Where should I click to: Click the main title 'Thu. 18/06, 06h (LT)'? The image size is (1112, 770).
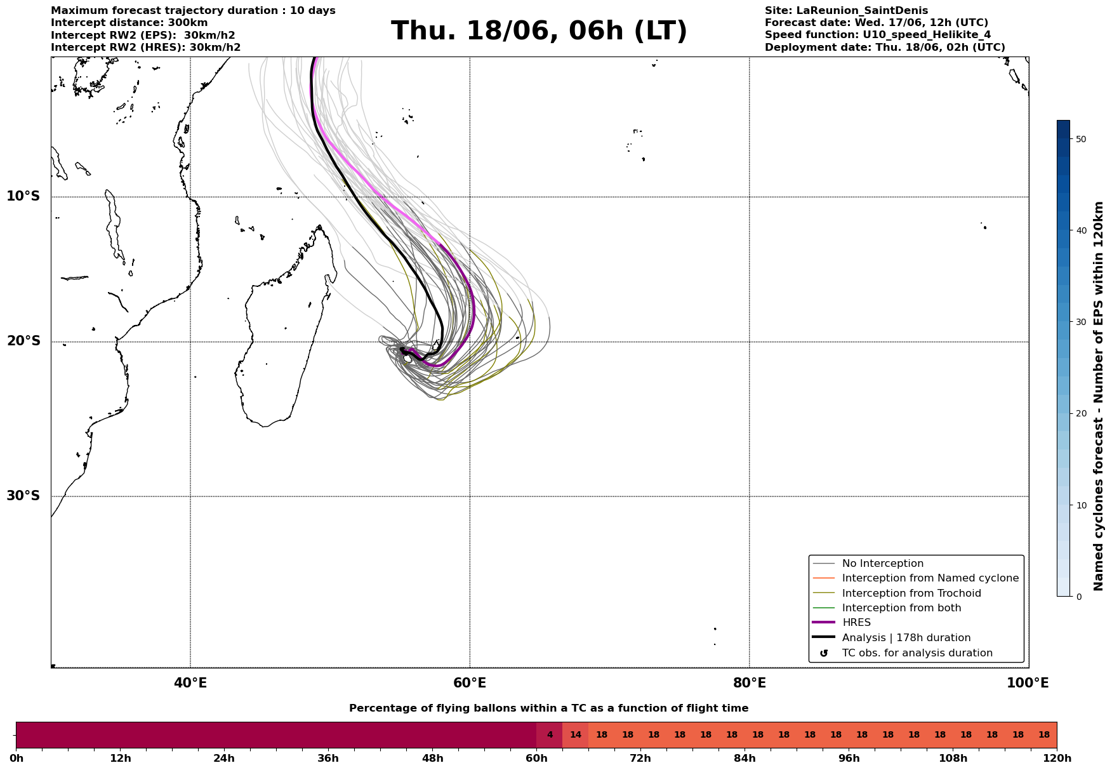pyautogui.click(x=539, y=31)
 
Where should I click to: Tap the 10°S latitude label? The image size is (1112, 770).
pyautogui.click(x=23, y=196)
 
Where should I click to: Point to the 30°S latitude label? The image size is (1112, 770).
pyautogui.click(x=23, y=496)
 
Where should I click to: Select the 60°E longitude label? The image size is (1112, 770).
pyautogui.click(x=470, y=683)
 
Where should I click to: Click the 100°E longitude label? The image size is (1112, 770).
pyautogui.click(x=1028, y=683)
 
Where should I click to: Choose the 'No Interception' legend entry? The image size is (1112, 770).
pyautogui.click(x=882, y=564)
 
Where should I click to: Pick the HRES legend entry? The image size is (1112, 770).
pyautogui.click(x=856, y=623)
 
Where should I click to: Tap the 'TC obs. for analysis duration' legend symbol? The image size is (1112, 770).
pyautogui.click(x=824, y=653)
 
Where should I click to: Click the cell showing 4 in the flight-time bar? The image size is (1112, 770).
pyautogui.click(x=550, y=735)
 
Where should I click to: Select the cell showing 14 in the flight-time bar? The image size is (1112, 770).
pyautogui.click(x=576, y=735)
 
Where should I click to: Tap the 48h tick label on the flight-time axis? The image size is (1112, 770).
pyautogui.click(x=432, y=758)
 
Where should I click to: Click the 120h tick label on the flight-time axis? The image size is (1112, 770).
pyautogui.click(x=1056, y=758)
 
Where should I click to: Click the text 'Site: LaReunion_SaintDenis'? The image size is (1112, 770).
pyautogui.click(x=846, y=11)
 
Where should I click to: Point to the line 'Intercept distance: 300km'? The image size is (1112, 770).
pyautogui.click(x=129, y=23)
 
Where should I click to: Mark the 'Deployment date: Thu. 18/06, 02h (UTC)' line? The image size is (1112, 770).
pyautogui.click(x=885, y=48)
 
